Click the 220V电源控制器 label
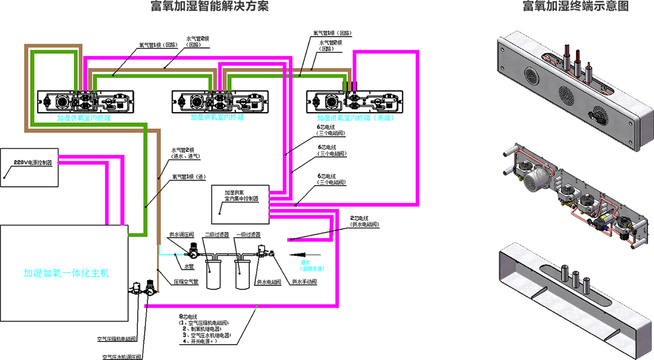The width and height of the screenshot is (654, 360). [x=33, y=162]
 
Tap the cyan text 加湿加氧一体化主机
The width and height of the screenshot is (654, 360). [x=66, y=273]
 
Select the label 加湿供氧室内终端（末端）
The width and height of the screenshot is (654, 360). [x=355, y=118]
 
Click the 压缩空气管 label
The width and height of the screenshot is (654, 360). [x=186, y=282]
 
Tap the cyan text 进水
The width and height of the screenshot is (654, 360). [x=305, y=262]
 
